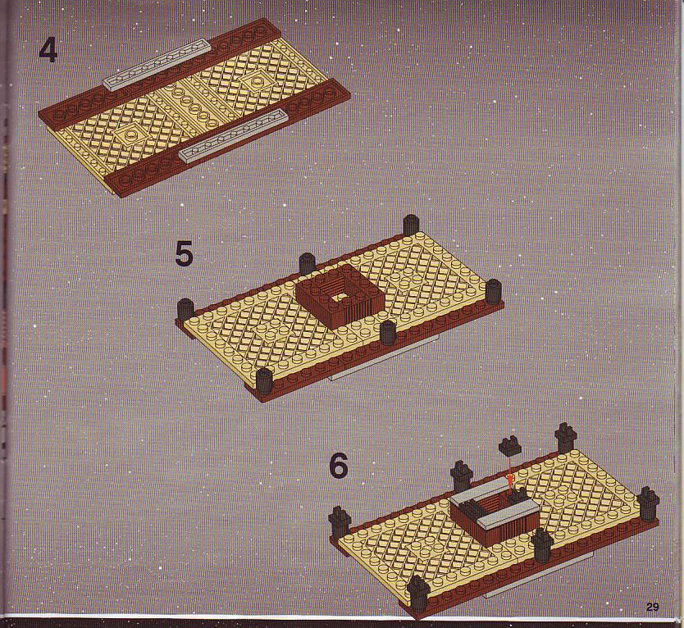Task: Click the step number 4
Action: [48, 50]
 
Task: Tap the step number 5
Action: [184, 254]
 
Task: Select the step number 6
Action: [339, 466]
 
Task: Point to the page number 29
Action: [652, 607]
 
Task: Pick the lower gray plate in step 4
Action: [234, 136]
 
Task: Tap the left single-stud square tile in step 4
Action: [130, 136]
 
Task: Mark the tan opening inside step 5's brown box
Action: [339, 297]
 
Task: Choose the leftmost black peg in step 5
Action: [185, 310]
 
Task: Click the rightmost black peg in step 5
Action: [494, 291]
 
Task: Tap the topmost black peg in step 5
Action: [411, 225]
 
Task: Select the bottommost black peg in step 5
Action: [264, 380]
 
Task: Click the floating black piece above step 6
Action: [509, 446]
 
